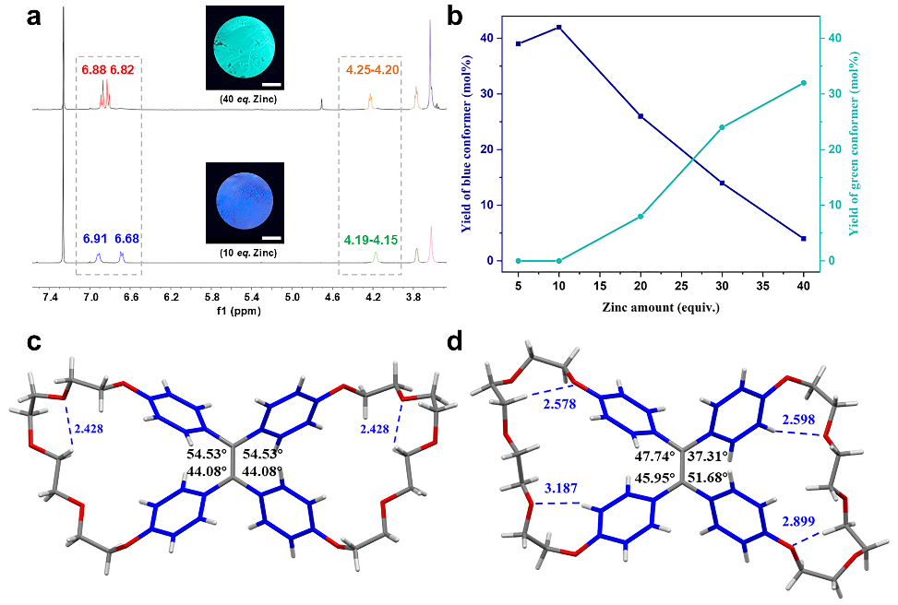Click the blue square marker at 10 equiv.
click(x=559, y=28)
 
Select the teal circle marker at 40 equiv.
click(x=803, y=83)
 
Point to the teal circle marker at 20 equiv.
click(x=641, y=216)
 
